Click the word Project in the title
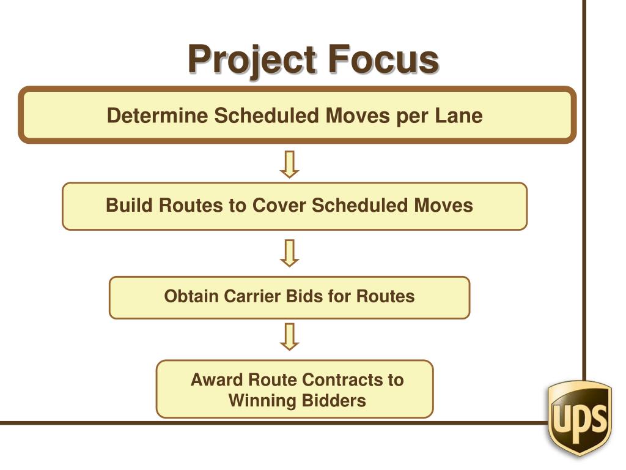(251, 60)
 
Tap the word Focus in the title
(383, 59)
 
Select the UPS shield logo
(580, 417)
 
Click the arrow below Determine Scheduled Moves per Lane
(290, 164)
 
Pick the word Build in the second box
(130, 205)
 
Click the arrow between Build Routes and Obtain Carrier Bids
(290, 253)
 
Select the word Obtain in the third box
(191, 297)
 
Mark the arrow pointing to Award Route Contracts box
(290, 336)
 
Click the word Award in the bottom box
(218, 380)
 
